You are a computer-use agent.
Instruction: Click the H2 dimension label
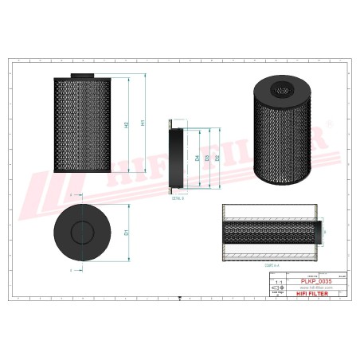click(127, 125)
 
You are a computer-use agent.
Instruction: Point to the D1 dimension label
click(127, 232)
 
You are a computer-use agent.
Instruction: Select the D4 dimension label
click(197, 158)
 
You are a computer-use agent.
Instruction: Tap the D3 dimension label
click(207, 158)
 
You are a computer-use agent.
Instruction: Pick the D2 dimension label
click(217, 158)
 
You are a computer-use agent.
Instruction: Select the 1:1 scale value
click(278, 282)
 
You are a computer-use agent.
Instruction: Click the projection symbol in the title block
click(278, 288)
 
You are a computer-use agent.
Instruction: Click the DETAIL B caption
click(178, 198)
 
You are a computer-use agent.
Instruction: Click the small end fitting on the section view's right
click(323, 233)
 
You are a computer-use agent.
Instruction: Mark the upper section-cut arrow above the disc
click(72, 194)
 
